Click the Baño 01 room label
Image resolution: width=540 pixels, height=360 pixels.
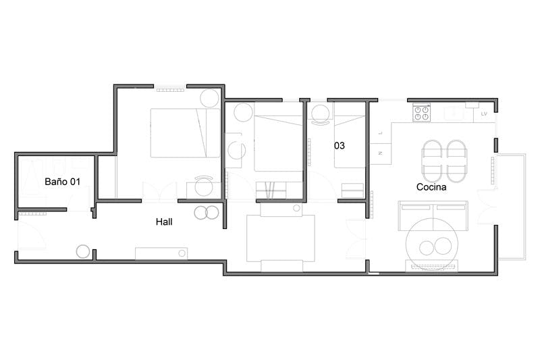[x=62, y=182]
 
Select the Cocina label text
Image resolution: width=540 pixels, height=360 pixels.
[x=431, y=187]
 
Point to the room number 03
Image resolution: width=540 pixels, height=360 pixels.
[x=340, y=145]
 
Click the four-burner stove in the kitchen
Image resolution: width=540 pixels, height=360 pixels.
[x=421, y=113]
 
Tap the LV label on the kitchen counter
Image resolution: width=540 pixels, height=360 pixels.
[x=484, y=114]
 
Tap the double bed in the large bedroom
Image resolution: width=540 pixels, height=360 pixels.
[x=184, y=133]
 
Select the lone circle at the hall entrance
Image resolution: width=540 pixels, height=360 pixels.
[x=83, y=251]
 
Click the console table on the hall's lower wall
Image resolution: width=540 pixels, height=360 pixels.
[x=161, y=253]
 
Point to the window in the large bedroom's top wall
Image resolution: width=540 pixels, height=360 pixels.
[x=170, y=88]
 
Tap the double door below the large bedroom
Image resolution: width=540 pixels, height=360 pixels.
[x=160, y=192]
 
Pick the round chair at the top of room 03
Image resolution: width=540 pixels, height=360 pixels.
[x=319, y=111]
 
